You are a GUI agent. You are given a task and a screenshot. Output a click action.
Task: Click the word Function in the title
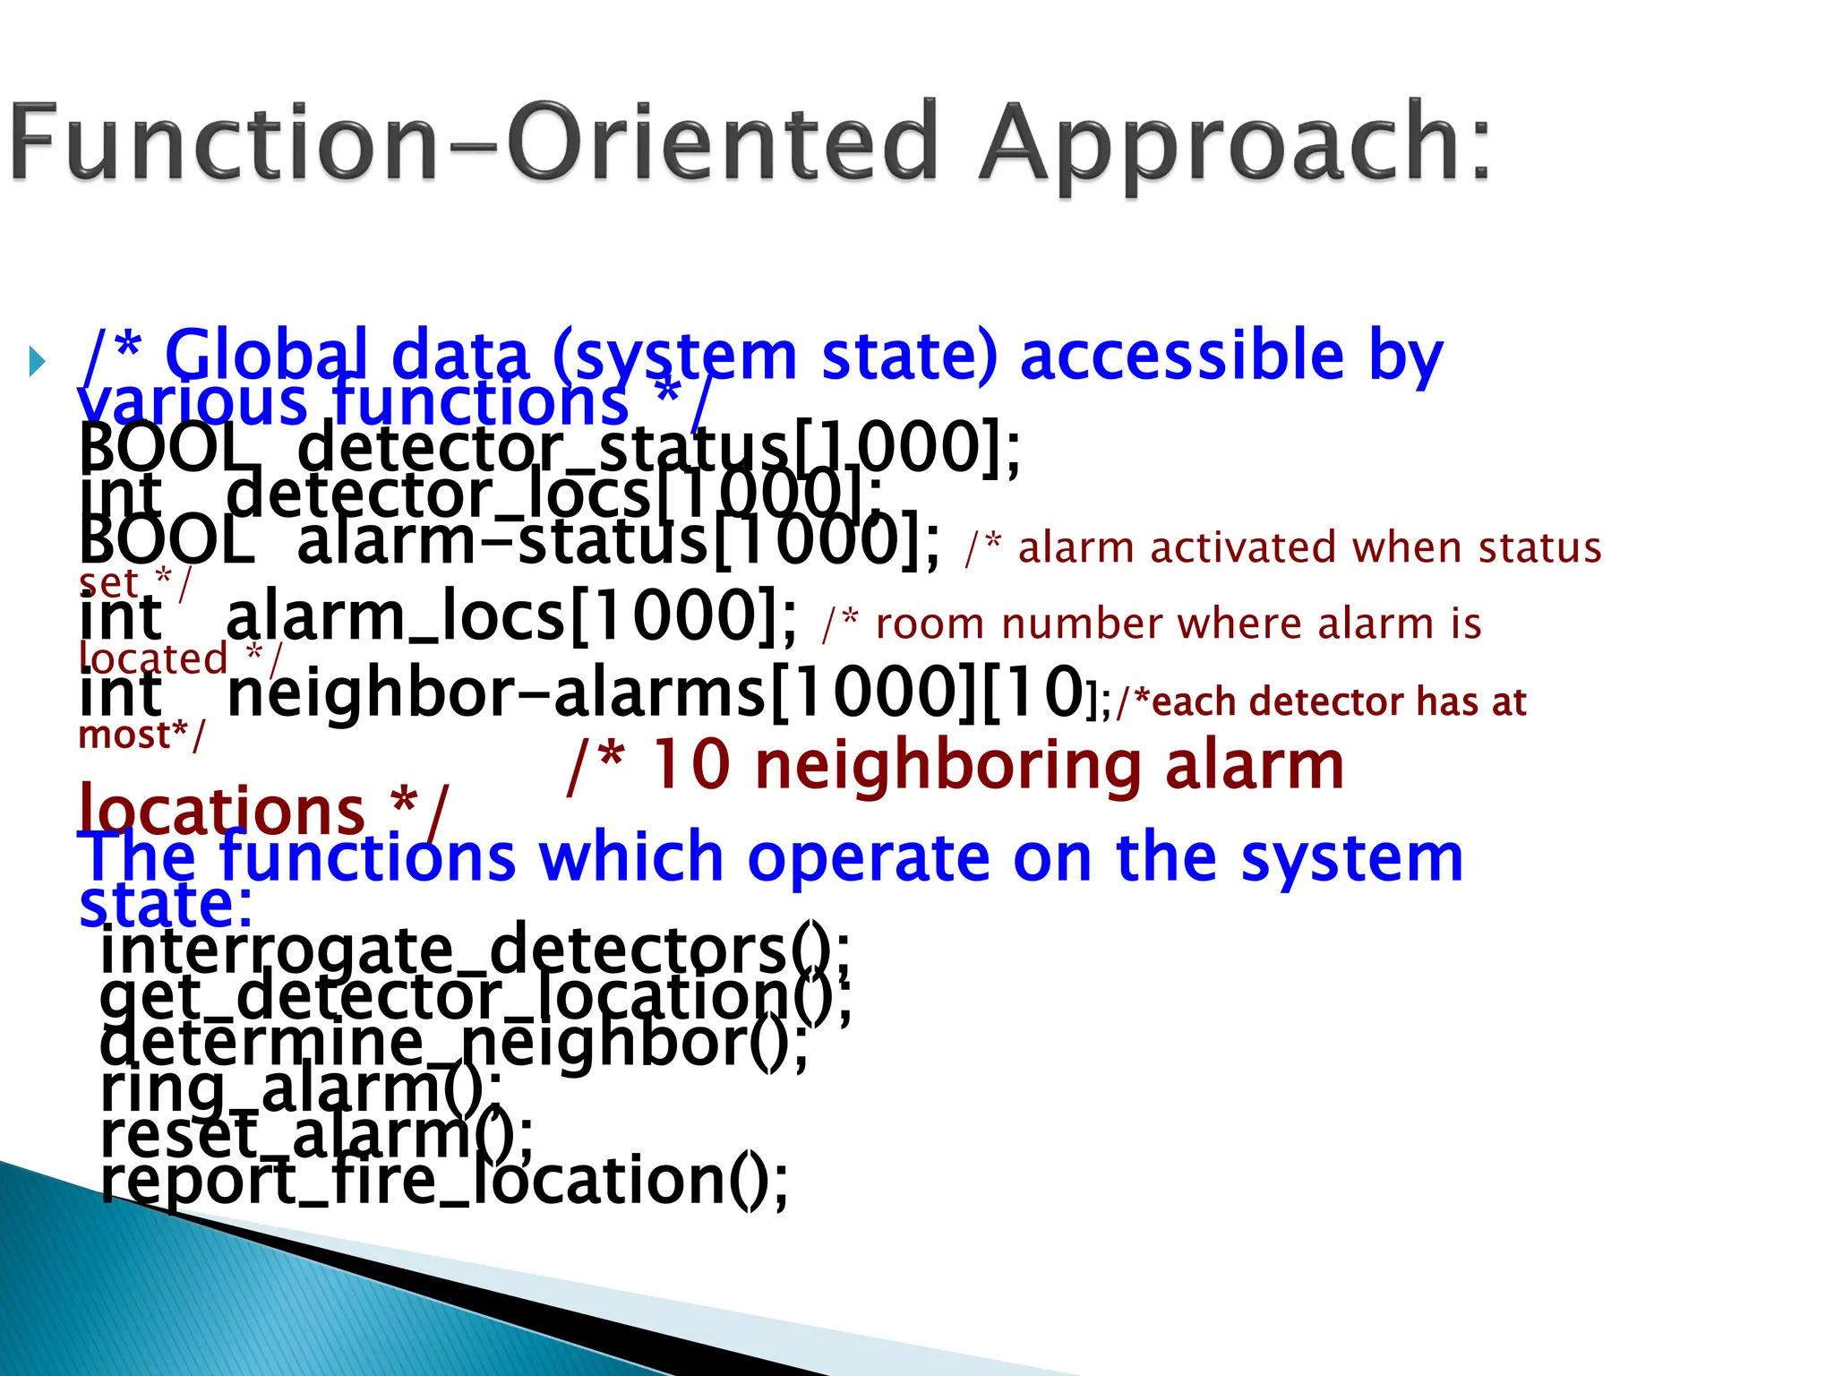coord(224,143)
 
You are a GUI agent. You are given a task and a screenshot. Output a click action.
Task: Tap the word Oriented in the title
coord(722,143)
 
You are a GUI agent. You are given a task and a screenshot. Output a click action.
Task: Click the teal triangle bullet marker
coord(37,362)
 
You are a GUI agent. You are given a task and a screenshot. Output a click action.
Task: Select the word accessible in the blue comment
coord(1181,356)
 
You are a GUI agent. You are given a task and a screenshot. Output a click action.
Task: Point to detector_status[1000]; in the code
coord(658,447)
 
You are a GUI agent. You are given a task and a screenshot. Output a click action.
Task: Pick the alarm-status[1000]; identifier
coord(618,541)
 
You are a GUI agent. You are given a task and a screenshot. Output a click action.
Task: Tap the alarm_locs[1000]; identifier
coord(510,617)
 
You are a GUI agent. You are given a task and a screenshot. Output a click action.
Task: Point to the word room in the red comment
coord(930,623)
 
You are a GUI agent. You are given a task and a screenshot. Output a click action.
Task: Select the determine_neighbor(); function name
coord(453,1043)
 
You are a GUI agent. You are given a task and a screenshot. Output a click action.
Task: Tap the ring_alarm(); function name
coord(301,1089)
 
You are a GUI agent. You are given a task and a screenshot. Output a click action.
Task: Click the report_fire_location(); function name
coord(444,1181)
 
